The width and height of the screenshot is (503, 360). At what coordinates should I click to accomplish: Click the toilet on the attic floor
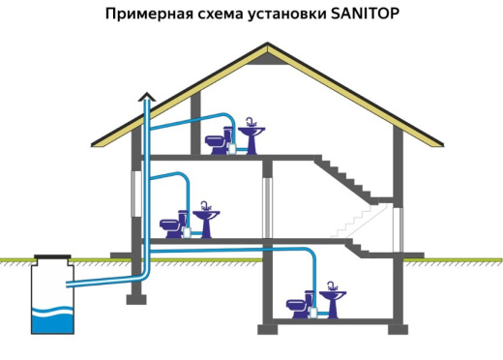(218, 143)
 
